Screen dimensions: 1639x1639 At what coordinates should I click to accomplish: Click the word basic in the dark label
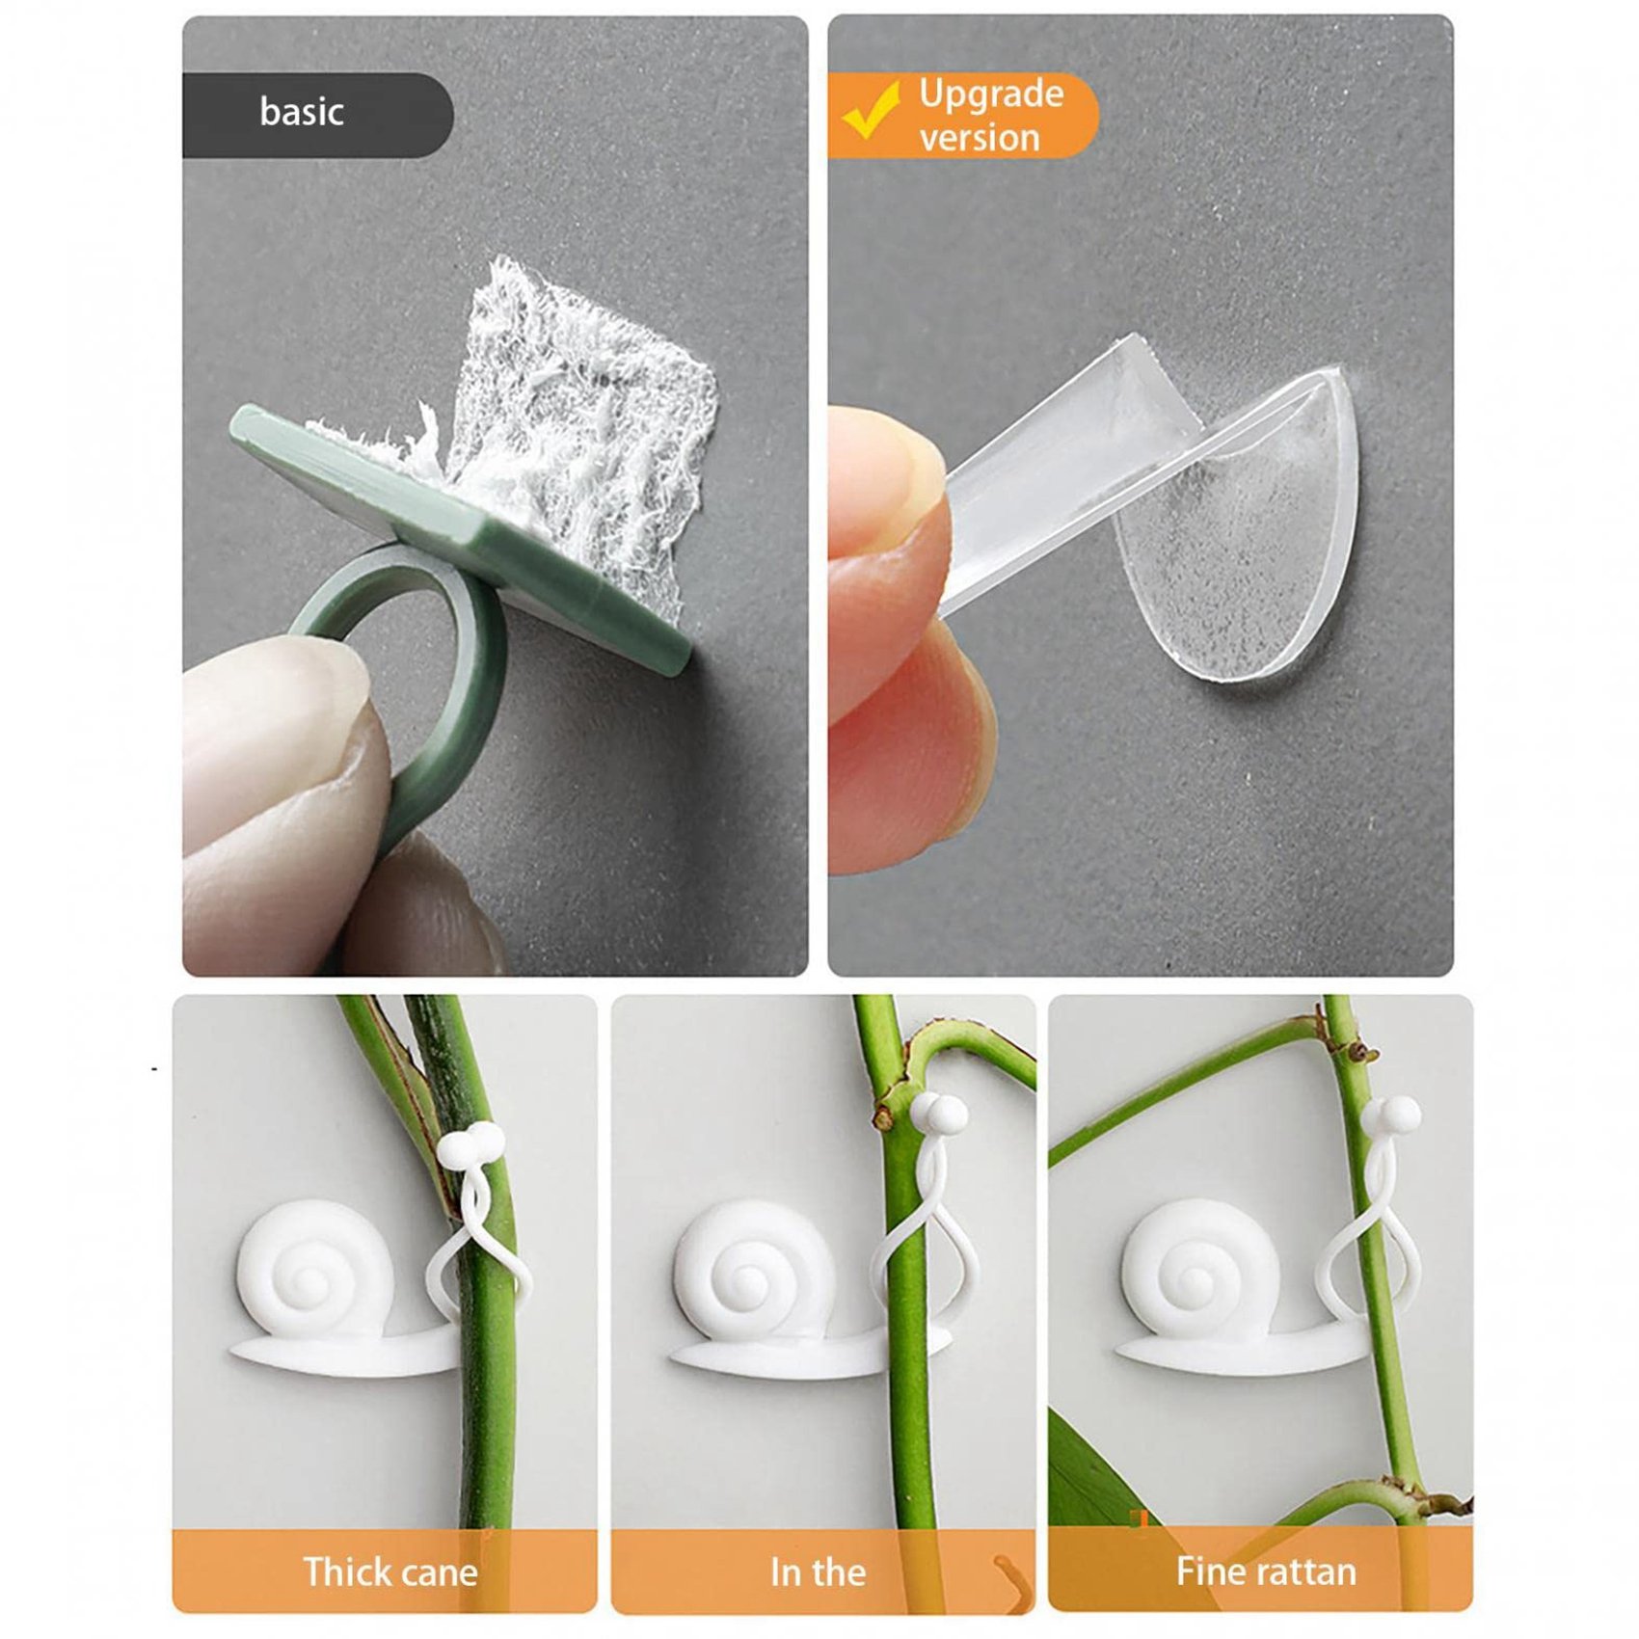tap(302, 112)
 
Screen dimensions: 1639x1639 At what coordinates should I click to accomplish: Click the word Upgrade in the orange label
tap(991, 94)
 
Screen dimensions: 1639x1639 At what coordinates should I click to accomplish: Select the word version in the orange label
tap(980, 137)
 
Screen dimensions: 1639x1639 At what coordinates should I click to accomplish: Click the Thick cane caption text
tap(390, 1572)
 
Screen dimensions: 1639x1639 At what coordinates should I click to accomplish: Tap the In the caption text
tap(818, 1572)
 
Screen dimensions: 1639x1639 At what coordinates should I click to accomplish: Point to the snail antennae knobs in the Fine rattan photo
tap(1391, 1115)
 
